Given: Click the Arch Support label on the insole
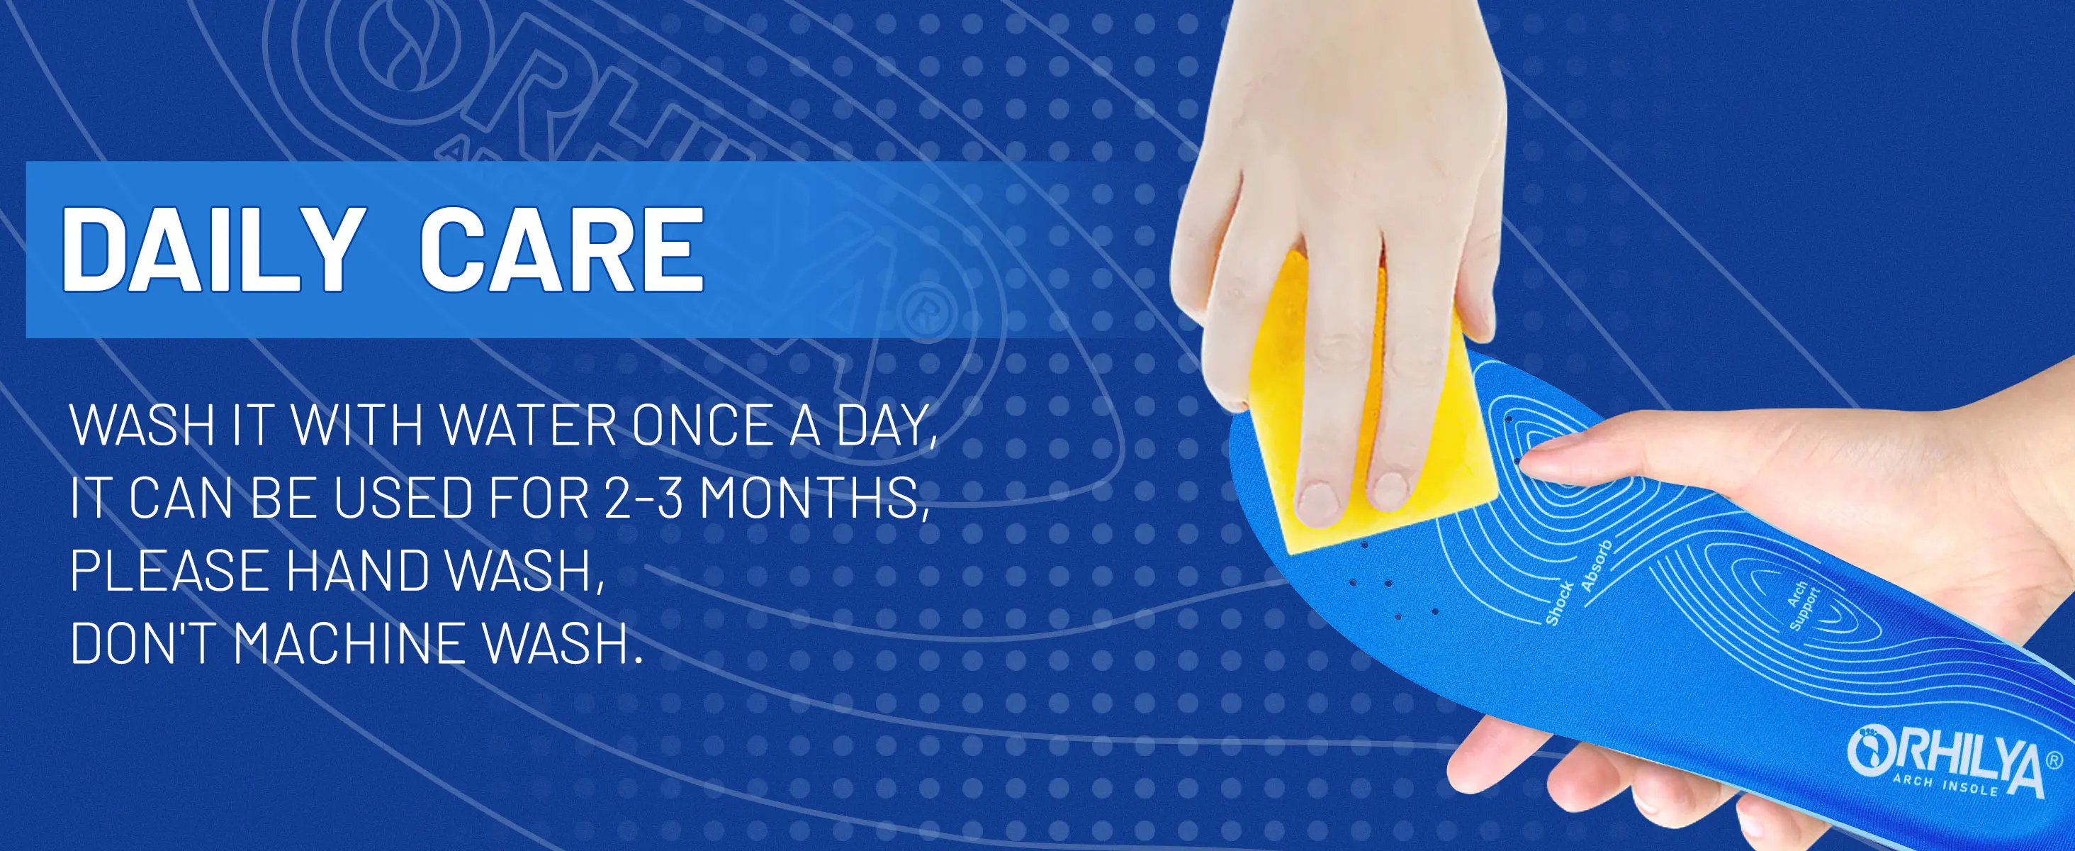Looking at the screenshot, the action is (x=1803, y=606).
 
